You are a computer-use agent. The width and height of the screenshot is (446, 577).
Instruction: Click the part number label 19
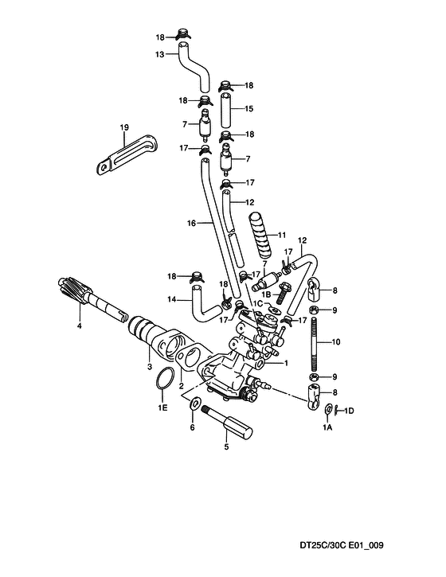click(x=124, y=127)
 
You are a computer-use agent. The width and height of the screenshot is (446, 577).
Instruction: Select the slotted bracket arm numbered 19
click(x=127, y=154)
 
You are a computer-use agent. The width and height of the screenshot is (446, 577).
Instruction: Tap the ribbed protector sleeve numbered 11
click(x=261, y=235)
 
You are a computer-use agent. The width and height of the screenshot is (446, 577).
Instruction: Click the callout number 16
click(x=191, y=223)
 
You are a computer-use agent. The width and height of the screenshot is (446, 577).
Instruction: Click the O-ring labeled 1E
click(x=164, y=377)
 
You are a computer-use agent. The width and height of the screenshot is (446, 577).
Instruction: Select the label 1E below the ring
click(x=162, y=407)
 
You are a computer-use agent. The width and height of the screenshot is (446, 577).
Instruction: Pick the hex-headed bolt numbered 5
click(x=227, y=424)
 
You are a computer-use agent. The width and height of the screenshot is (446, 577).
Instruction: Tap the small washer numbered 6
click(x=194, y=404)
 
